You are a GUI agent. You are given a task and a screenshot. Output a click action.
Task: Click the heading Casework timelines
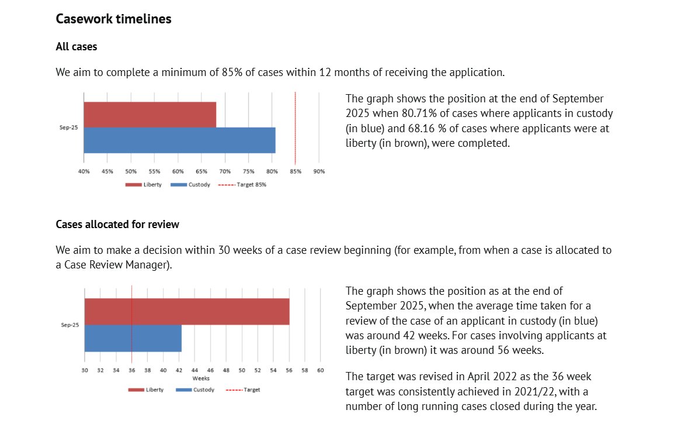(x=113, y=19)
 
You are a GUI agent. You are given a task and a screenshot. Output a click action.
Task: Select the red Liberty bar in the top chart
(x=150, y=115)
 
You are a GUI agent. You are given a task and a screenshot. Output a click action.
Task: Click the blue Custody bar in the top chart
(x=179, y=140)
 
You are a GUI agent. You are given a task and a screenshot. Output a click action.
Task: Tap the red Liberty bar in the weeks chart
(x=186, y=311)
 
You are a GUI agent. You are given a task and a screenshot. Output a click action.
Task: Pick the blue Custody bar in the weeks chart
(x=133, y=338)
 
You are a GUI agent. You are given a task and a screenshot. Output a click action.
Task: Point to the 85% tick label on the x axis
(x=296, y=171)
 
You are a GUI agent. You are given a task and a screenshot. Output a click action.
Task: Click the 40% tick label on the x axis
(x=84, y=171)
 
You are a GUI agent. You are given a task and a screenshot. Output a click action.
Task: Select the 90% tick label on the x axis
(x=319, y=171)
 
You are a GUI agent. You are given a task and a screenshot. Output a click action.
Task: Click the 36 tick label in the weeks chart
(x=131, y=370)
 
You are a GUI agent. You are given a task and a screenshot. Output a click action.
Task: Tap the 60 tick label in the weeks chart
(x=320, y=370)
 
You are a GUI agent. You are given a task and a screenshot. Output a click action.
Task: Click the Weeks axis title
(x=202, y=378)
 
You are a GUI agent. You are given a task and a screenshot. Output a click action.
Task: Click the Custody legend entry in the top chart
(x=191, y=185)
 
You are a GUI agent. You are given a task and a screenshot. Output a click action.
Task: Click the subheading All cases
(x=77, y=46)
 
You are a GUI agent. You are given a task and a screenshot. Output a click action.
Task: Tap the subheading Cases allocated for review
(x=117, y=224)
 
